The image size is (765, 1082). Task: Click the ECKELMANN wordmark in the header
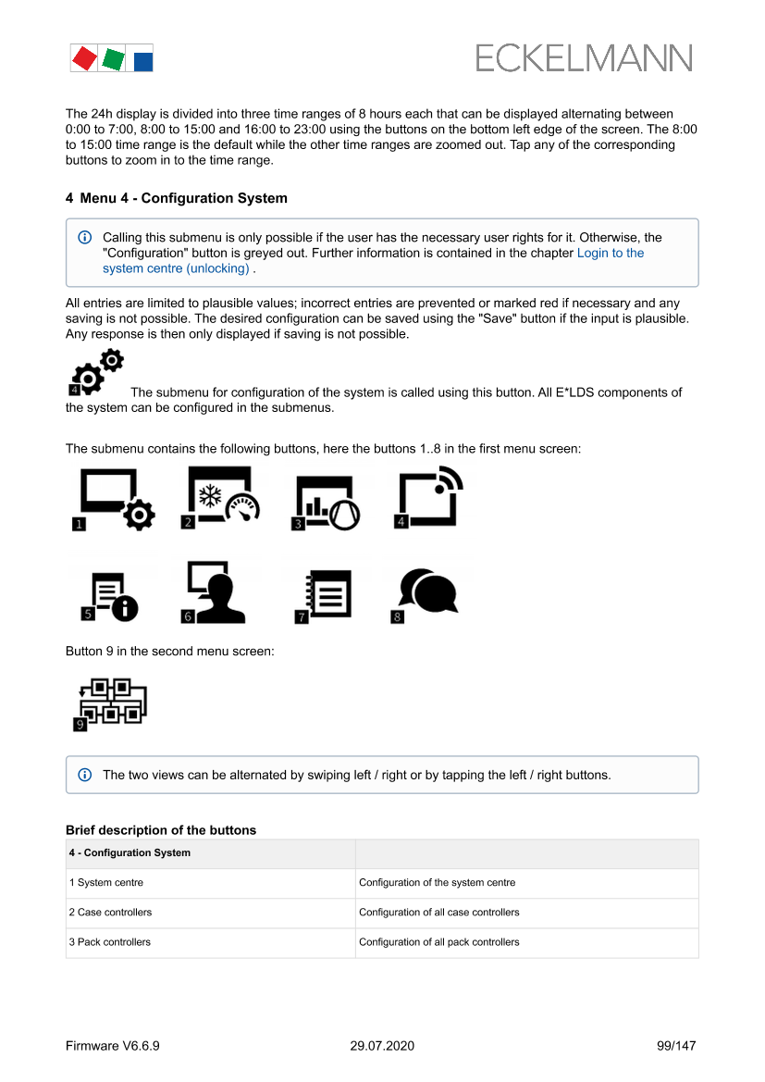click(584, 58)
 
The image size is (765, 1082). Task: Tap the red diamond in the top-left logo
click(84, 58)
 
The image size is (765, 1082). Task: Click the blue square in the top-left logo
click(142, 61)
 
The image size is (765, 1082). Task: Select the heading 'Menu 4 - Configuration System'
click(177, 198)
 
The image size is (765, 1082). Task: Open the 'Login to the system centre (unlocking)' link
click(610, 253)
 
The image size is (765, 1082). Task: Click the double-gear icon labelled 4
click(96, 372)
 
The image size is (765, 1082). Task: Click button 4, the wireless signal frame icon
click(428, 497)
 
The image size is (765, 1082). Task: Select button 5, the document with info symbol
click(110, 596)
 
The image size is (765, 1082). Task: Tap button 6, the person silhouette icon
click(214, 592)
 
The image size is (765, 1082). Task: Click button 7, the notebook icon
click(323, 594)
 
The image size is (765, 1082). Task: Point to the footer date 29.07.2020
click(382, 1046)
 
